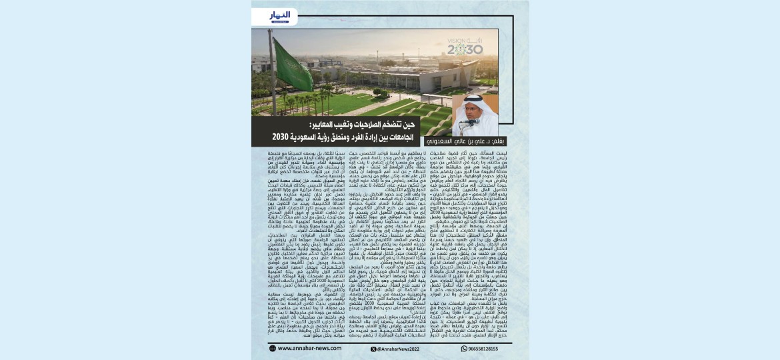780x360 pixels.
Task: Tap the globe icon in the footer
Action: click(x=273, y=348)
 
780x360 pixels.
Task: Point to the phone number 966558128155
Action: click(x=477, y=348)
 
